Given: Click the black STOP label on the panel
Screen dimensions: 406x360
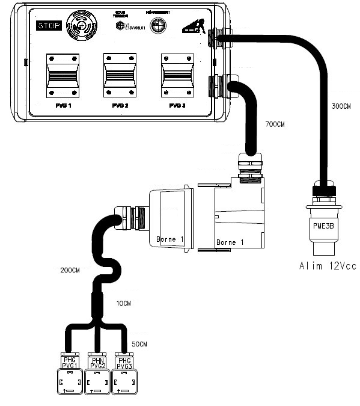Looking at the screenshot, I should [49, 25].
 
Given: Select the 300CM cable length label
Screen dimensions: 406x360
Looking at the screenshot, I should [341, 106].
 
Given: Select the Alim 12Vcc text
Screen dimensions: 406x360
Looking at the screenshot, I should [324, 265].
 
